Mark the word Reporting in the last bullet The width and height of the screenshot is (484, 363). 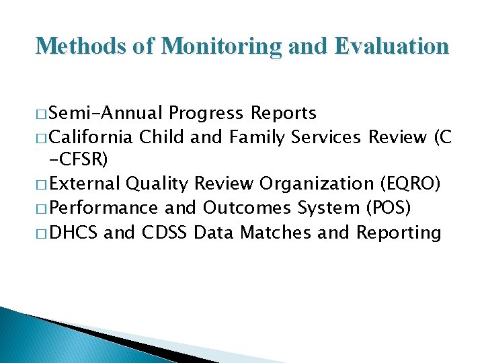[x=399, y=233]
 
